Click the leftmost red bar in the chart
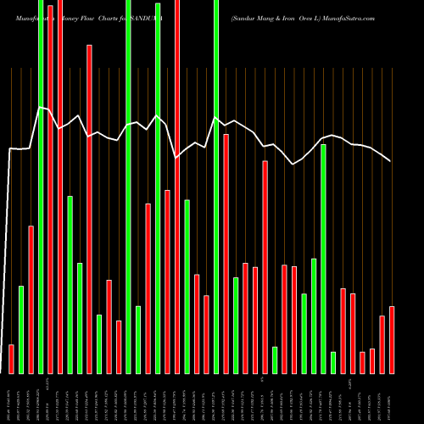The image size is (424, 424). coord(11,359)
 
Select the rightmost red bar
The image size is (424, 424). coord(392,339)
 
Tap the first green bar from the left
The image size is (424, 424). coord(21,329)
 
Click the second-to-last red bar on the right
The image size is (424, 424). coord(382,344)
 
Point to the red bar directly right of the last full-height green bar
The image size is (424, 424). coord(226,254)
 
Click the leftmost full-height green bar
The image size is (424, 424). coord(41,187)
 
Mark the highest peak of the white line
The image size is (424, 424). coord(40,107)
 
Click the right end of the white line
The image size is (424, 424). coord(390,161)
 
